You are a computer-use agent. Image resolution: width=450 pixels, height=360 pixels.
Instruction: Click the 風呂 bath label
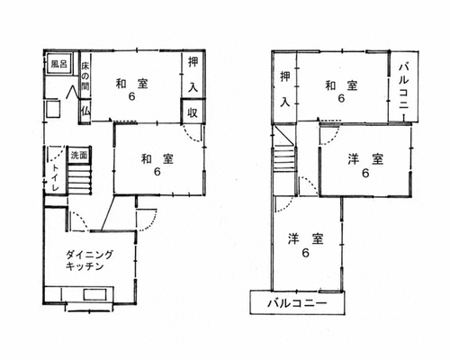coord(58,64)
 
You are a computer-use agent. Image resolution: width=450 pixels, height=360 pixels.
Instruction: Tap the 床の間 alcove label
coord(85,76)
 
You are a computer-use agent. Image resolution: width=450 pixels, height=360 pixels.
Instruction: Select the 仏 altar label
coord(85,112)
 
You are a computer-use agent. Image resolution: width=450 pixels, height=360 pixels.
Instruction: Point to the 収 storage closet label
coord(193,112)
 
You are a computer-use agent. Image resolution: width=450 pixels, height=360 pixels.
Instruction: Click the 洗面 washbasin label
coord(79,156)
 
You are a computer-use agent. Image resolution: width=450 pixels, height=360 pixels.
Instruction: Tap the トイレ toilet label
coord(55,177)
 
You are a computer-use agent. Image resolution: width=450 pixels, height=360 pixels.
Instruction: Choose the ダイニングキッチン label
coord(89,260)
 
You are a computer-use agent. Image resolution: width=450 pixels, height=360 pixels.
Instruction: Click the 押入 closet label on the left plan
coord(193,75)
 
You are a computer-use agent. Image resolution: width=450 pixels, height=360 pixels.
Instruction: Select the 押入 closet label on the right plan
coord(285,89)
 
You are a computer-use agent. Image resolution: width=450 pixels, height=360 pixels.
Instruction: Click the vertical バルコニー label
coord(404,86)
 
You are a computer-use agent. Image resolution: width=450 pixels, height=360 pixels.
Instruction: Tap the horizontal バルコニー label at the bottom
coord(297,303)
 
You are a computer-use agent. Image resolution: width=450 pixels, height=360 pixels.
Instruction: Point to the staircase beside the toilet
coord(79,179)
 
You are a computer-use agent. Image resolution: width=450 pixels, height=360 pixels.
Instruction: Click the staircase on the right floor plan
coord(283,157)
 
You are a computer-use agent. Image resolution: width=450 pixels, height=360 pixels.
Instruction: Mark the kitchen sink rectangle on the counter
coord(94,294)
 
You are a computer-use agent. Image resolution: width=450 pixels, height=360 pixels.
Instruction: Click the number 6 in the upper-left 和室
coord(131,96)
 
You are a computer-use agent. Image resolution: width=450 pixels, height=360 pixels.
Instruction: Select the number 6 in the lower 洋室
coord(305,253)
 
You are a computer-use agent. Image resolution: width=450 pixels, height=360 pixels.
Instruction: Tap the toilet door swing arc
coord(57,154)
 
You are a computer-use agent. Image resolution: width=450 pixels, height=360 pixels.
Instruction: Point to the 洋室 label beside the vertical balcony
coord(365,158)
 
